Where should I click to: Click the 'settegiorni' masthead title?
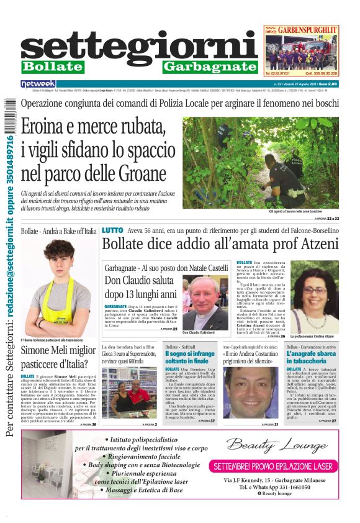[140, 47]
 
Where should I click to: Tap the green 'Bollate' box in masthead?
[52, 66]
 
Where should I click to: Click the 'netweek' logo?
[38, 84]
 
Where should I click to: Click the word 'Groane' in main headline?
[138, 172]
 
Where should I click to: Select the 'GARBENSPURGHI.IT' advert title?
[307, 29]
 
